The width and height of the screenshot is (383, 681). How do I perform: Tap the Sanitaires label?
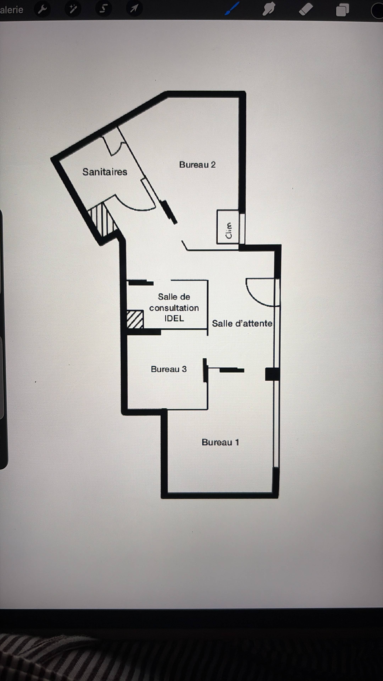(x=105, y=172)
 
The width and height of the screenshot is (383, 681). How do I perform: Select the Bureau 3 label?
(x=169, y=369)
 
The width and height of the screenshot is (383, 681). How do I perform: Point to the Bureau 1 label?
(x=220, y=442)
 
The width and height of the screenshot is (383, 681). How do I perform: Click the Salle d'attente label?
(x=242, y=323)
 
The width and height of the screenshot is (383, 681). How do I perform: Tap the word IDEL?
(x=174, y=318)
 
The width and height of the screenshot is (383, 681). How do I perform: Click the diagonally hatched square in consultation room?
(x=135, y=319)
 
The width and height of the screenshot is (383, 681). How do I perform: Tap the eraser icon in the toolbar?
(x=306, y=10)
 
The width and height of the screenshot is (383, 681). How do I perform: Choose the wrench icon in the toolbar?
(x=42, y=10)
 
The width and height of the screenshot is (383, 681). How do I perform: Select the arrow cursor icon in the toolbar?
(x=134, y=9)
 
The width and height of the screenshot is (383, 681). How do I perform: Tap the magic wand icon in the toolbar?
(x=73, y=9)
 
